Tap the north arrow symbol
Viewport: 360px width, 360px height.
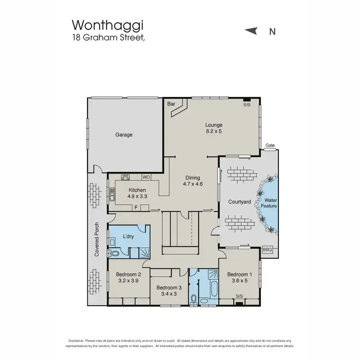[x=251, y=31]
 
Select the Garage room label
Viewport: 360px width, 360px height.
[x=124, y=135]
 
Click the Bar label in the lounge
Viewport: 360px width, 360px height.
[x=171, y=104]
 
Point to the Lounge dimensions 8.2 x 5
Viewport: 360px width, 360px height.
[x=214, y=131]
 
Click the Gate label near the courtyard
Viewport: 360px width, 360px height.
[x=270, y=145]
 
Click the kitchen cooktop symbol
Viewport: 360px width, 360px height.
[x=126, y=177]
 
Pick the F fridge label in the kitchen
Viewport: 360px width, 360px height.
[x=136, y=207]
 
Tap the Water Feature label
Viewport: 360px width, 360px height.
[x=269, y=202]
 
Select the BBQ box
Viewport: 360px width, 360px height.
[x=267, y=250]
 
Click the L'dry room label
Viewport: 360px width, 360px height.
[x=128, y=236]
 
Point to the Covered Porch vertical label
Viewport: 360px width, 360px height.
[x=97, y=239]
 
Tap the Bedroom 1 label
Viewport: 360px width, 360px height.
[x=240, y=275]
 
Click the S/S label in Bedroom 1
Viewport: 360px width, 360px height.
[x=240, y=297]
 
